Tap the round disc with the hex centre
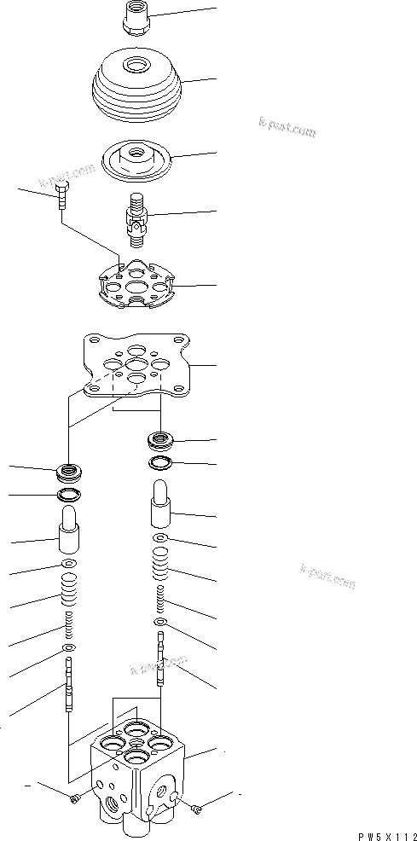click(x=136, y=159)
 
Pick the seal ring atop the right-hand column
click(x=161, y=441)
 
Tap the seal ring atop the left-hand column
click(x=68, y=470)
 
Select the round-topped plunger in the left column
click(x=69, y=536)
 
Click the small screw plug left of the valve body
click(x=76, y=797)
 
